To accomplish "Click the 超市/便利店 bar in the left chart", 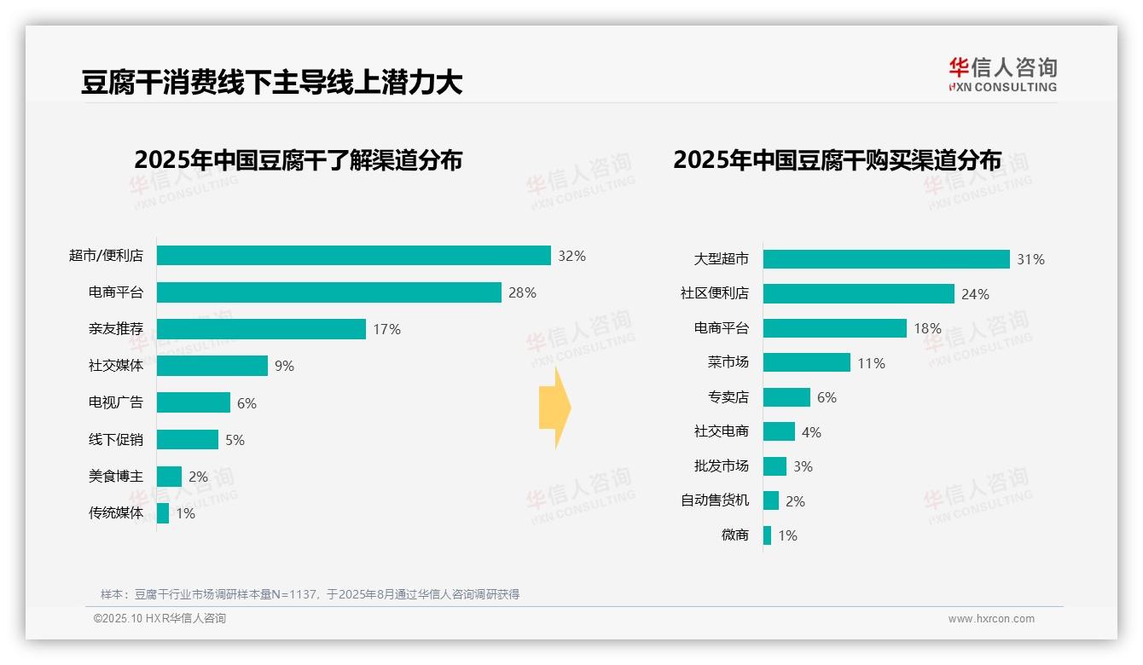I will [353, 256].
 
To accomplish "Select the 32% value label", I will [571, 256].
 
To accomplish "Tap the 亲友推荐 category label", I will [116, 329].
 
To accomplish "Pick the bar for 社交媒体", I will [212, 366].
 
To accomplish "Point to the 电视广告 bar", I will [194, 402].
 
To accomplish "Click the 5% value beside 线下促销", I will [235, 440].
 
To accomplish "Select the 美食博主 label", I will [116, 477].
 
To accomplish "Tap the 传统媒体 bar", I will [163, 513].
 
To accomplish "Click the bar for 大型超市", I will [886, 259].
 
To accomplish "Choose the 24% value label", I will [975, 294].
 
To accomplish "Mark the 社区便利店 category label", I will [715, 293].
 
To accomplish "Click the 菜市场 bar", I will [807, 362].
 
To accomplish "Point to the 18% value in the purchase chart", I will [927, 328].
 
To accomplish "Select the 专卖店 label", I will [728, 397].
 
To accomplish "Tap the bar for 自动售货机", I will [771, 500].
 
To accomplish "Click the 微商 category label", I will [734, 535].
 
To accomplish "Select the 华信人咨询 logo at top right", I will [1002, 74].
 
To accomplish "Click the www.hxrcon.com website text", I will [991, 619].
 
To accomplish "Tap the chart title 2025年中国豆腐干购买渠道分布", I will [837, 160].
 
